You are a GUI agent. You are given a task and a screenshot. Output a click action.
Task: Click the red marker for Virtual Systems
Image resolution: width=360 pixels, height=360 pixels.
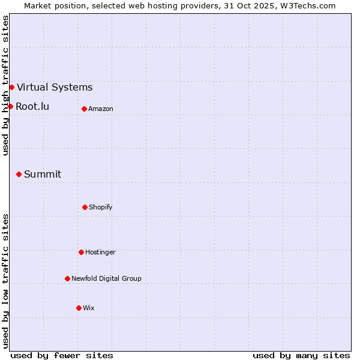(x=11, y=87)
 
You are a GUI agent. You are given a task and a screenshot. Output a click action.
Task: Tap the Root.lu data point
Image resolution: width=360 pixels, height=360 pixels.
(x=10, y=106)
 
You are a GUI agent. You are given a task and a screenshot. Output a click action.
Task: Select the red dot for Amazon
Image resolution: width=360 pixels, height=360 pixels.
(x=84, y=109)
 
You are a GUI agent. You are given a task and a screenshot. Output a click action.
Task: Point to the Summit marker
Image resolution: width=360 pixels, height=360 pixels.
(x=19, y=174)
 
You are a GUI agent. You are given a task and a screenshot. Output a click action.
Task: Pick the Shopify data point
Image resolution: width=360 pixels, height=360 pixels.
(x=85, y=207)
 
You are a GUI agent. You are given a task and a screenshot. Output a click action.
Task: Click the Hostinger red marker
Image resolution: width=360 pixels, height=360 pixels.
(x=81, y=252)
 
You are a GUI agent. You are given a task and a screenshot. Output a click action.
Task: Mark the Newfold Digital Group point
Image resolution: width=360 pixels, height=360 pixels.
(x=67, y=278)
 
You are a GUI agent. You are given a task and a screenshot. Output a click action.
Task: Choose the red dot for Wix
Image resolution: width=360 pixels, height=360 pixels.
(x=79, y=308)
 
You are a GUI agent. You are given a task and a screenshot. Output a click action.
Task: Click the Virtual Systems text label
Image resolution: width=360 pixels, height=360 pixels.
(x=55, y=88)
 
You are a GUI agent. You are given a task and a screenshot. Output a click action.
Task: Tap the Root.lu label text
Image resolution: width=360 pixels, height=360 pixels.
(x=32, y=107)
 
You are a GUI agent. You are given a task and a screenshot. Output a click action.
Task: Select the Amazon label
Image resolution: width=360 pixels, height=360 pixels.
(x=101, y=109)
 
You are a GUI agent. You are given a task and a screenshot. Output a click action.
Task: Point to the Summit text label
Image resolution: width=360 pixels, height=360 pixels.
(x=43, y=175)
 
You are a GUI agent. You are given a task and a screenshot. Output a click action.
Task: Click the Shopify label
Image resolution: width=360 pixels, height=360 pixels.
(x=101, y=208)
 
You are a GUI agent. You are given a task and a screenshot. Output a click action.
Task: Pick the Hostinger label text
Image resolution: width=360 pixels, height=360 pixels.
(x=100, y=253)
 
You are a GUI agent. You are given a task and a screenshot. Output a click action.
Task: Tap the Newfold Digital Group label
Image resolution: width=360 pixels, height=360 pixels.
(x=106, y=279)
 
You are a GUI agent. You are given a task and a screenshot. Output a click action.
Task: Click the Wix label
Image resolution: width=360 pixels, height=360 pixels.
(x=89, y=308)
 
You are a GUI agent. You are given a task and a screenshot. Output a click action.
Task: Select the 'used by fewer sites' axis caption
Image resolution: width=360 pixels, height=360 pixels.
(x=62, y=355)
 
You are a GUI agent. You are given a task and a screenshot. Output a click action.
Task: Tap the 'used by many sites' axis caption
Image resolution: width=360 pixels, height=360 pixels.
(x=301, y=355)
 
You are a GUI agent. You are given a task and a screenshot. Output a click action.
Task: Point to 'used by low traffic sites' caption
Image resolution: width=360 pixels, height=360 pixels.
(x=5, y=281)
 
